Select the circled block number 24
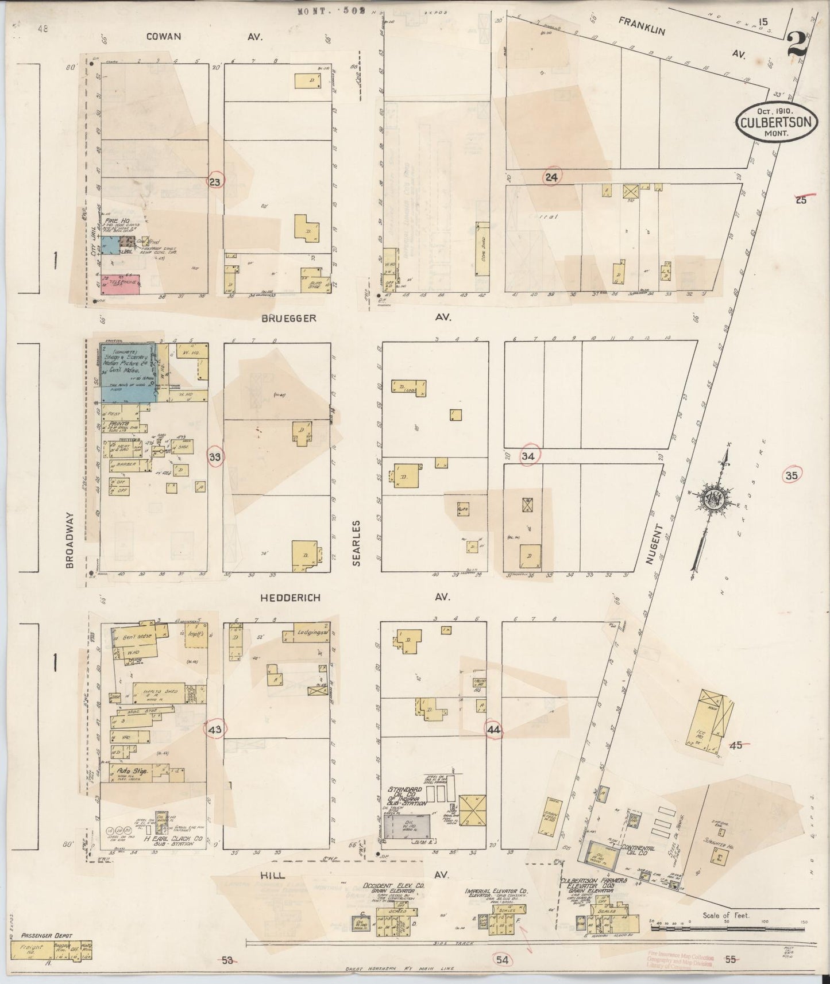pyautogui.click(x=551, y=177)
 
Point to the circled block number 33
pyautogui.click(x=215, y=457)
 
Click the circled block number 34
pyautogui.click(x=528, y=456)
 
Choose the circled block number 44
pyautogui.click(x=493, y=729)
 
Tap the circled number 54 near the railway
pyautogui.click(x=502, y=958)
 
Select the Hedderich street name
pyautogui.click(x=289, y=598)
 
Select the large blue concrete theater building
pyautogui.click(x=128, y=372)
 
